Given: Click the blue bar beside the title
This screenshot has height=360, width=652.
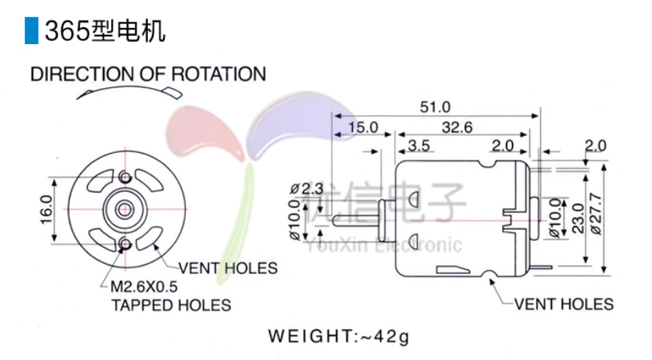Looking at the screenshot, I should [30, 30].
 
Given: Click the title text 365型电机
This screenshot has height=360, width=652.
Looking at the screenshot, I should [104, 31].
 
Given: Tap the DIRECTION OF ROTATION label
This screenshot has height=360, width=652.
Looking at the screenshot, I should [148, 74].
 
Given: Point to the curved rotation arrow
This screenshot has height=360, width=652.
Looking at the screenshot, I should [129, 91].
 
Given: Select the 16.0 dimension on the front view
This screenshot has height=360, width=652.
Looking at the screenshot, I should [45, 210].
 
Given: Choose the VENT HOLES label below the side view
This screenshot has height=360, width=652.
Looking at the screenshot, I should [563, 303].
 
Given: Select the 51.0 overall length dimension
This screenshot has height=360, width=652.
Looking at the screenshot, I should [434, 107].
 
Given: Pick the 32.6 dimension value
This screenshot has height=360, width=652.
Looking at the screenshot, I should [456, 127].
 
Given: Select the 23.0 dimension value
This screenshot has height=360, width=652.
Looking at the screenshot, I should [576, 217].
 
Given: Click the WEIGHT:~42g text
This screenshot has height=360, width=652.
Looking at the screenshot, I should [339, 337].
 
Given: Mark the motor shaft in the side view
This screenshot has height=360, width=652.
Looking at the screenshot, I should [358, 219].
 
